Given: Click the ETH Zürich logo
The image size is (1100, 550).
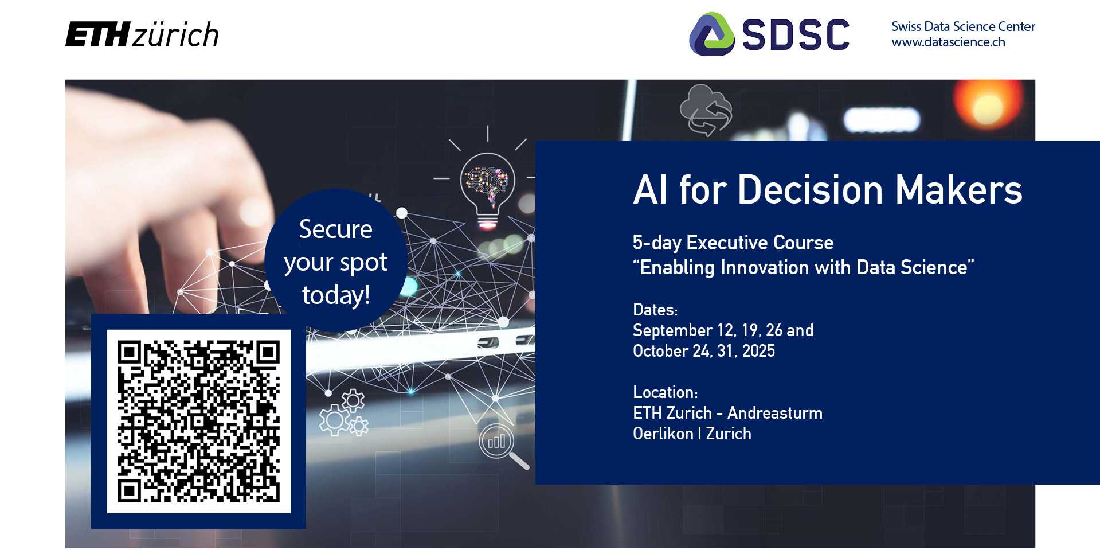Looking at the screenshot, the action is (142, 34).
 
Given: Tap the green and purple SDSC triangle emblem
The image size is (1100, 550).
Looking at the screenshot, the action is (711, 34).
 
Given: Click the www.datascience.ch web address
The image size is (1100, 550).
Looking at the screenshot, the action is (948, 42).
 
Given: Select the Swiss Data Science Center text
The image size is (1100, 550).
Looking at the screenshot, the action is (963, 26).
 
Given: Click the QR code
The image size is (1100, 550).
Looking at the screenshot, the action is (198, 422).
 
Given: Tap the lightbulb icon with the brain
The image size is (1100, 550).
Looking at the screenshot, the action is (487, 186).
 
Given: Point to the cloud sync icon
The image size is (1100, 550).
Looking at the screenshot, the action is (706, 110).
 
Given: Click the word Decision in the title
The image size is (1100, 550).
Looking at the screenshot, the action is (811, 190).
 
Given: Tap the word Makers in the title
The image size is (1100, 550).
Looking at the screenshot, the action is (959, 190).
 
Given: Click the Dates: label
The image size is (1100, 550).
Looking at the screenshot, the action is (655, 310).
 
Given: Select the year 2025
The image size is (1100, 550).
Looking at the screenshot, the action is (758, 351).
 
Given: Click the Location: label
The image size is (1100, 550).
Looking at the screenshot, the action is (666, 392).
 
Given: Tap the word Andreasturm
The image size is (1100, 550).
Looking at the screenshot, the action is (775, 413).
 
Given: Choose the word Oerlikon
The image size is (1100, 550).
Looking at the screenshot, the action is (663, 434).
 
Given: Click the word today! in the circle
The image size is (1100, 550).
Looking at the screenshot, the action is (336, 295).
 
